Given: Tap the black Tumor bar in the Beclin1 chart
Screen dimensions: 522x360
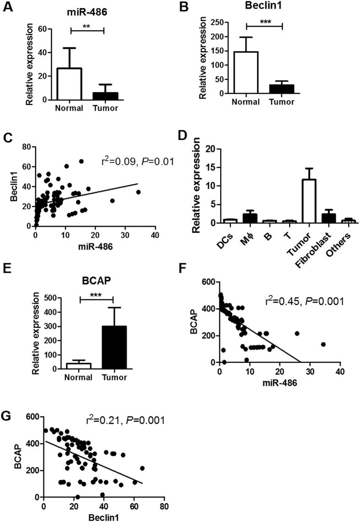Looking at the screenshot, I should pyautogui.click(x=282, y=89).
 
